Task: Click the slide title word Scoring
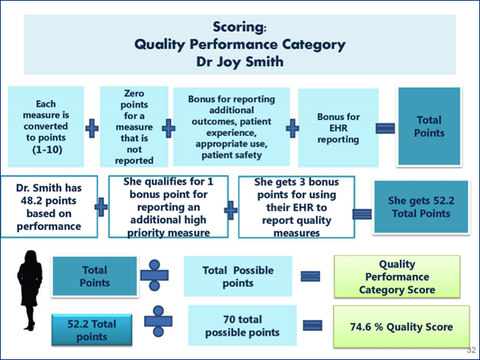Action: click(239, 27)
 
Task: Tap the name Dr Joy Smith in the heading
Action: click(240, 61)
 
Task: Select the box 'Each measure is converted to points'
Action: click(46, 126)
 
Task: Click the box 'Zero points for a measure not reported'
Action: click(134, 126)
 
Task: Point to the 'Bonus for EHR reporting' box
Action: click(338, 128)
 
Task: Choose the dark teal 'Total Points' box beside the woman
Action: click(95, 276)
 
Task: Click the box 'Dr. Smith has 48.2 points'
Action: click(49, 206)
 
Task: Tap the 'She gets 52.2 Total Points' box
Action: click(421, 207)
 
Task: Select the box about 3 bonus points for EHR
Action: click(296, 207)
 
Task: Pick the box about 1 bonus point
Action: click(168, 207)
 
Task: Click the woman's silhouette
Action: click(30, 291)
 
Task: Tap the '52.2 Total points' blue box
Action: click(92, 330)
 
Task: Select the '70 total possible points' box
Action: click(242, 326)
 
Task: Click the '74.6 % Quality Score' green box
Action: click(401, 327)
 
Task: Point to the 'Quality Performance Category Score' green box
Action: click(397, 276)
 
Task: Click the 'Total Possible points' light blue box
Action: click(238, 276)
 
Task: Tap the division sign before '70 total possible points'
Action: click(158, 321)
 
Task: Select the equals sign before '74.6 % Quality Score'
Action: click(312, 325)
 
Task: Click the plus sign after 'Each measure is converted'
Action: click(92, 128)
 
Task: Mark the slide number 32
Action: click(471, 350)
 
